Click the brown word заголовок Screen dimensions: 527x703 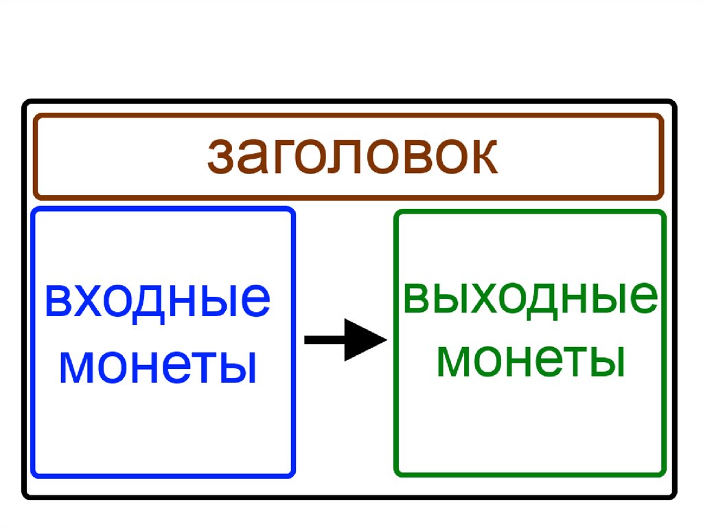[x=351, y=157]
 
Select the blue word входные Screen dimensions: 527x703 [x=157, y=302]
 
